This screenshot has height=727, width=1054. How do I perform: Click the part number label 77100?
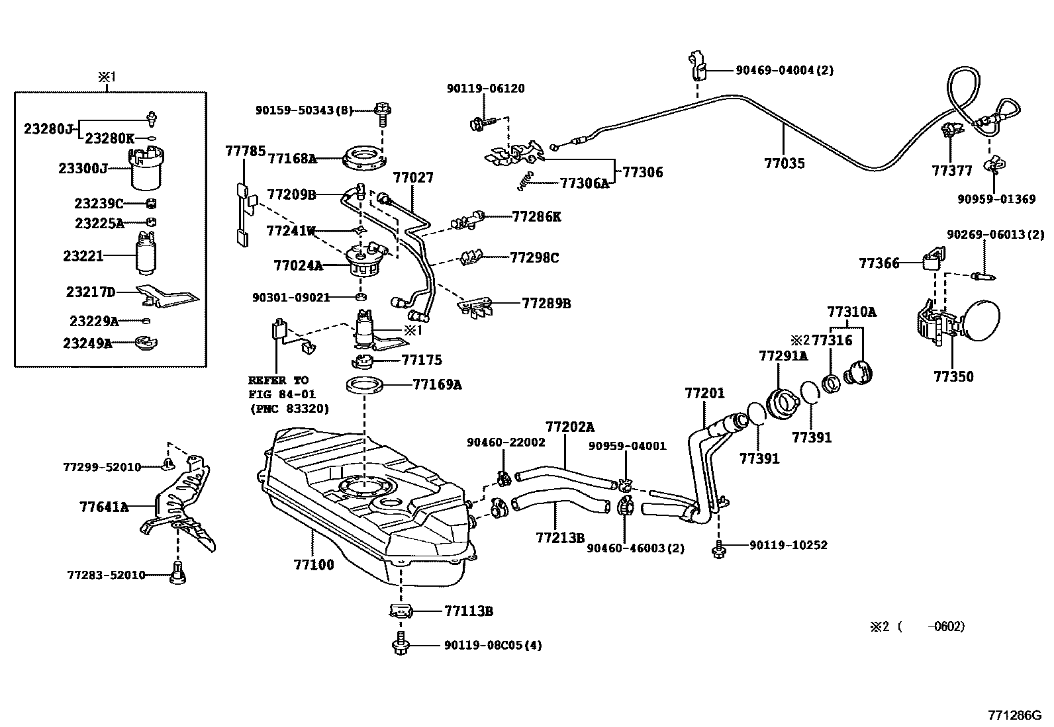[314, 565]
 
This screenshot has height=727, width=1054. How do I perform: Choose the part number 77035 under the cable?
[785, 163]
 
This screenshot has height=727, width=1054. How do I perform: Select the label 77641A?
[104, 507]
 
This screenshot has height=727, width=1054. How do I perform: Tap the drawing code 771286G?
[1014, 715]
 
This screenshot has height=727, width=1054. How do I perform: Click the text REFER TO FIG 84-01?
[278, 388]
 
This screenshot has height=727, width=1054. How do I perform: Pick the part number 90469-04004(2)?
[785, 70]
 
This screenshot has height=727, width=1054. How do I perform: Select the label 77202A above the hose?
[570, 427]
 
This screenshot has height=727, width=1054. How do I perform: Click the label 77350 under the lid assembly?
[953, 377]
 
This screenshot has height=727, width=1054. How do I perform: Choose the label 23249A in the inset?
[87, 343]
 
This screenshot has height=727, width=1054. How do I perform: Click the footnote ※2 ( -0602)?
[917, 626]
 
